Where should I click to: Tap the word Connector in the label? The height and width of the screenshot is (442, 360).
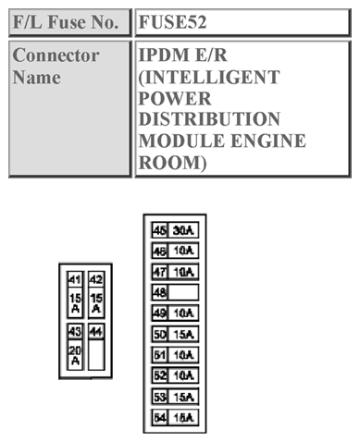pyautogui.click(x=56, y=55)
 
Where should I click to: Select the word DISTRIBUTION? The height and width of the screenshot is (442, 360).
pyautogui.click(x=209, y=119)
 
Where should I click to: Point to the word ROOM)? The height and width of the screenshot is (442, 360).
pyautogui.click(x=172, y=162)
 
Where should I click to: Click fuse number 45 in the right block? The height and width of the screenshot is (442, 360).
pyautogui.click(x=159, y=230)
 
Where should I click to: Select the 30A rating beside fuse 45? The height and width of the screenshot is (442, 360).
pyautogui.click(x=184, y=230)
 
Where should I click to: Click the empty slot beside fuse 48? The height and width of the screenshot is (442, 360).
pyautogui.click(x=184, y=292)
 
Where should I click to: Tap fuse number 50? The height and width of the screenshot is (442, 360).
pyautogui.click(x=159, y=334)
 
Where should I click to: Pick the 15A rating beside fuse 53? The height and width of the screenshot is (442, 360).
pyautogui.click(x=184, y=396)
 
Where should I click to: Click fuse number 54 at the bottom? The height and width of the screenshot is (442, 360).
pyautogui.click(x=159, y=417)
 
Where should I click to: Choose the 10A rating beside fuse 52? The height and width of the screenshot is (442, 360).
pyautogui.click(x=184, y=375)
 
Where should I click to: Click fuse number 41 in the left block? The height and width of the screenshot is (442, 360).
pyautogui.click(x=75, y=279)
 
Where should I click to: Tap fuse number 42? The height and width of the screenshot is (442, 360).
pyautogui.click(x=96, y=279)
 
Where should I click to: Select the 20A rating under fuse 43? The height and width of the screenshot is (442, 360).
pyautogui.click(x=75, y=354)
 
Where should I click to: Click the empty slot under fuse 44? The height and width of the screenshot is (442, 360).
pyautogui.click(x=96, y=356)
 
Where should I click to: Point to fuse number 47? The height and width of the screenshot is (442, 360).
pyautogui.click(x=159, y=272)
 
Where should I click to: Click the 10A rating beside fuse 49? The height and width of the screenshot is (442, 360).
pyautogui.click(x=184, y=313)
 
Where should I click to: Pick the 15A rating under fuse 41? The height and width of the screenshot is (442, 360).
pyautogui.click(x=75, y=302)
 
